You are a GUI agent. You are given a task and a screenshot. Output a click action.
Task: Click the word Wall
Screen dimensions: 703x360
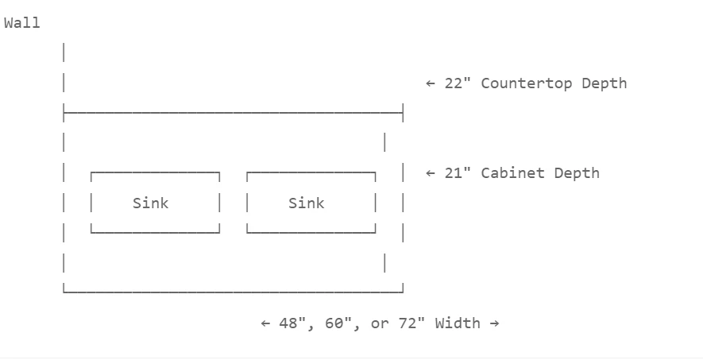[22, 23]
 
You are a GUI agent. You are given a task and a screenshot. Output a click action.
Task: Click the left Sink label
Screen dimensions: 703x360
[151, 203]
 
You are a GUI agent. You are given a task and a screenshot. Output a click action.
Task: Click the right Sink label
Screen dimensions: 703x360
[306, 203]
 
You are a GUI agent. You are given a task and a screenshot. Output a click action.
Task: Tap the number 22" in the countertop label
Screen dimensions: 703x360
[458, 83]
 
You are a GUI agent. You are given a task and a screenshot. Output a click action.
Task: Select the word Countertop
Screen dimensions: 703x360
[527, 83]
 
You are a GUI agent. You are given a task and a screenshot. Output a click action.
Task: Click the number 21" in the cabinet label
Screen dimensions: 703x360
[458, 172]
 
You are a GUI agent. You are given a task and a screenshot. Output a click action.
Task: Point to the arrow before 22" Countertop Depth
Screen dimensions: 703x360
[431, 83]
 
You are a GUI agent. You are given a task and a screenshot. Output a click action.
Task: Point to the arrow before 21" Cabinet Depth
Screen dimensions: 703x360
[431, 173]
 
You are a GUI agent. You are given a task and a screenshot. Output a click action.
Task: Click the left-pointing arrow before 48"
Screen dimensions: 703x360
[265, 323]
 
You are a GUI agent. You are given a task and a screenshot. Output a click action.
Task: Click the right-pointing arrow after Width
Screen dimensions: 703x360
[495, 323]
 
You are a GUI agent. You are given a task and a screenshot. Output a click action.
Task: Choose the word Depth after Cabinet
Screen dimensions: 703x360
[577, 173]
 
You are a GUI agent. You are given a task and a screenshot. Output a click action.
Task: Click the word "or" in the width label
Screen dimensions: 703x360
[380, 324]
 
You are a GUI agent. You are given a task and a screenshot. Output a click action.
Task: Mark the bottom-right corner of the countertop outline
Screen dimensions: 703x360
[403, 292]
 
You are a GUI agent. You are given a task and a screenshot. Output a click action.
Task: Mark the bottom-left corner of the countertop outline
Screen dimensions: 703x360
[64, 292]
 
